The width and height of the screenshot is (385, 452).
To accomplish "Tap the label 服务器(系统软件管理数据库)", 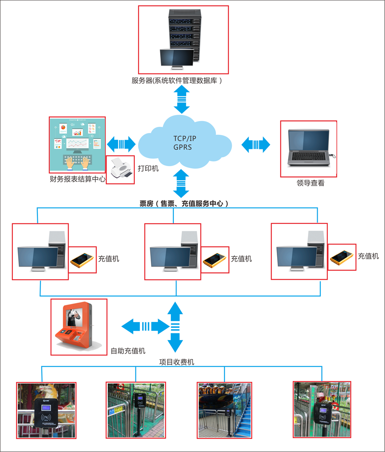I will tap(177, 81).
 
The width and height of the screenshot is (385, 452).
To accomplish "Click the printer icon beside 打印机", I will tap(121, 169).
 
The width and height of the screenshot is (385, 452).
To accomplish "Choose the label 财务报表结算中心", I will tap(77, 179).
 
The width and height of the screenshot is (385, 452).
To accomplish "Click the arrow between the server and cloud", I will tap(182, 99).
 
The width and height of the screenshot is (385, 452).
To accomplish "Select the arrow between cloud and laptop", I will tap(256, 144).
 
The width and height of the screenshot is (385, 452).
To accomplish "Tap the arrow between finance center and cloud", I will tap(121, 144).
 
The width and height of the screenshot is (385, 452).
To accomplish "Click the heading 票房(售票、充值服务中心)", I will tap(184, 204).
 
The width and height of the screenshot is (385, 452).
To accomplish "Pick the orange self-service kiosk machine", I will tap(78, 326).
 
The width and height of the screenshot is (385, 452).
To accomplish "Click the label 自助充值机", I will tap(128, 351).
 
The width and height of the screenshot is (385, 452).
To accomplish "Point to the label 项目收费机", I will tap(176, 362).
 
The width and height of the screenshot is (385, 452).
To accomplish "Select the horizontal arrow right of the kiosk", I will tap(145, 326).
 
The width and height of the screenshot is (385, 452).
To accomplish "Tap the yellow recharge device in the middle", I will tap(215, 259).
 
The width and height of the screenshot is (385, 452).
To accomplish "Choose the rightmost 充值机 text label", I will tap(368, 256).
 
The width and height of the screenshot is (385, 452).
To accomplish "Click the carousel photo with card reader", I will tap(46, 410).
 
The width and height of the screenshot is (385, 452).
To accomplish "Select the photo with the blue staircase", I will tap(224, 410).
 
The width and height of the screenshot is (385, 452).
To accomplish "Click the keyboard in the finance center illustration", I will tap(77, 159).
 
